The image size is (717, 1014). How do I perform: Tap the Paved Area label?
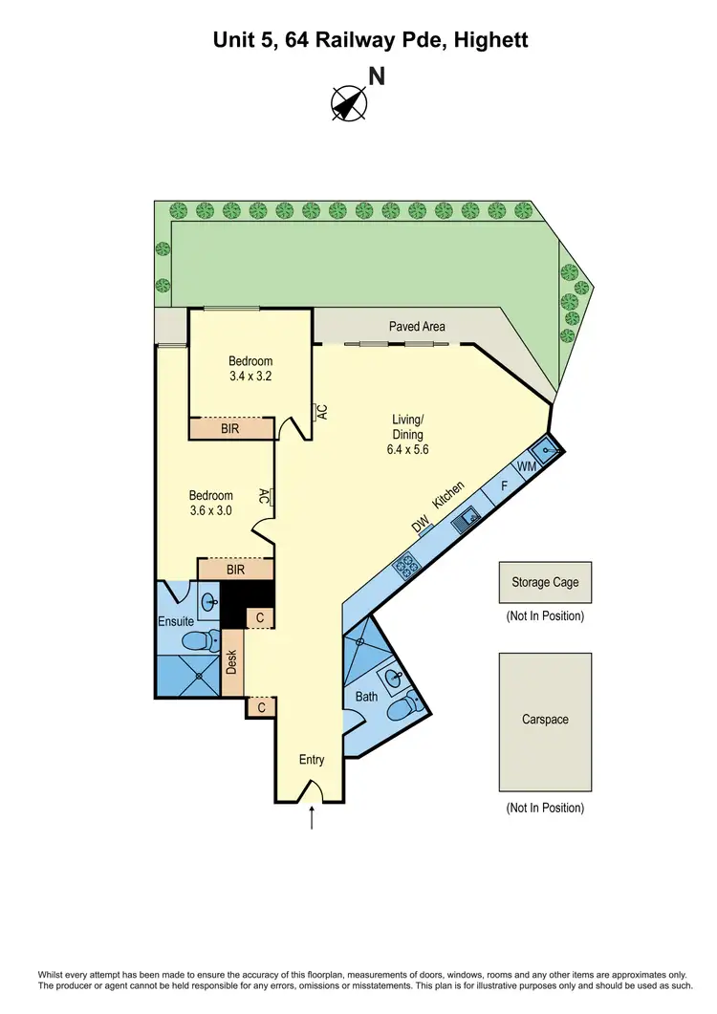[x=417, y=327]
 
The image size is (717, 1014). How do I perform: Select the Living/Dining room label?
[x=407, y=434]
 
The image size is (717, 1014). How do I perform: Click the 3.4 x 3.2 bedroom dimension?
[x=250, y=377]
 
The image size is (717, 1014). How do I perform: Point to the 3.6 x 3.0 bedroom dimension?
[x=210, y=510]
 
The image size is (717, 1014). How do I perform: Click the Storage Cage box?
[x=545, y=582]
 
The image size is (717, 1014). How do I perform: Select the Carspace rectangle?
[x=545, y=720]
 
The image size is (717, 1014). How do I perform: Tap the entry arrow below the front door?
[x=312, y=818]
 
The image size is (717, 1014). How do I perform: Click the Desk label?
[x=230, y=662]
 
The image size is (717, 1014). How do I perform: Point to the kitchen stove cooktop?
[x=404, y=567]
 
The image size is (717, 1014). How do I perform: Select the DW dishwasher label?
[x=420, y=525]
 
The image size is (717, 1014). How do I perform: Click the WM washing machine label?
[x=526, y=466]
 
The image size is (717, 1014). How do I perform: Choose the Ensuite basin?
[x=210, y=602]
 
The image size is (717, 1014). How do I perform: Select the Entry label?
[x=312, y=760]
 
